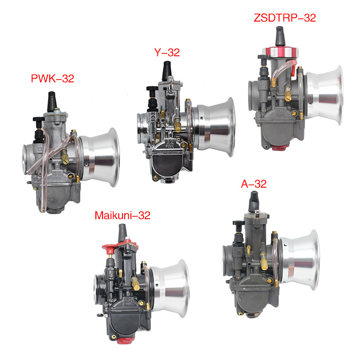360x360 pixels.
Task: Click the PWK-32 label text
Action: (52, 79)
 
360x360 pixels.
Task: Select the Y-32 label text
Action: (166, 53)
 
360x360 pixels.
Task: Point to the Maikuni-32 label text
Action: (122, 215)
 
